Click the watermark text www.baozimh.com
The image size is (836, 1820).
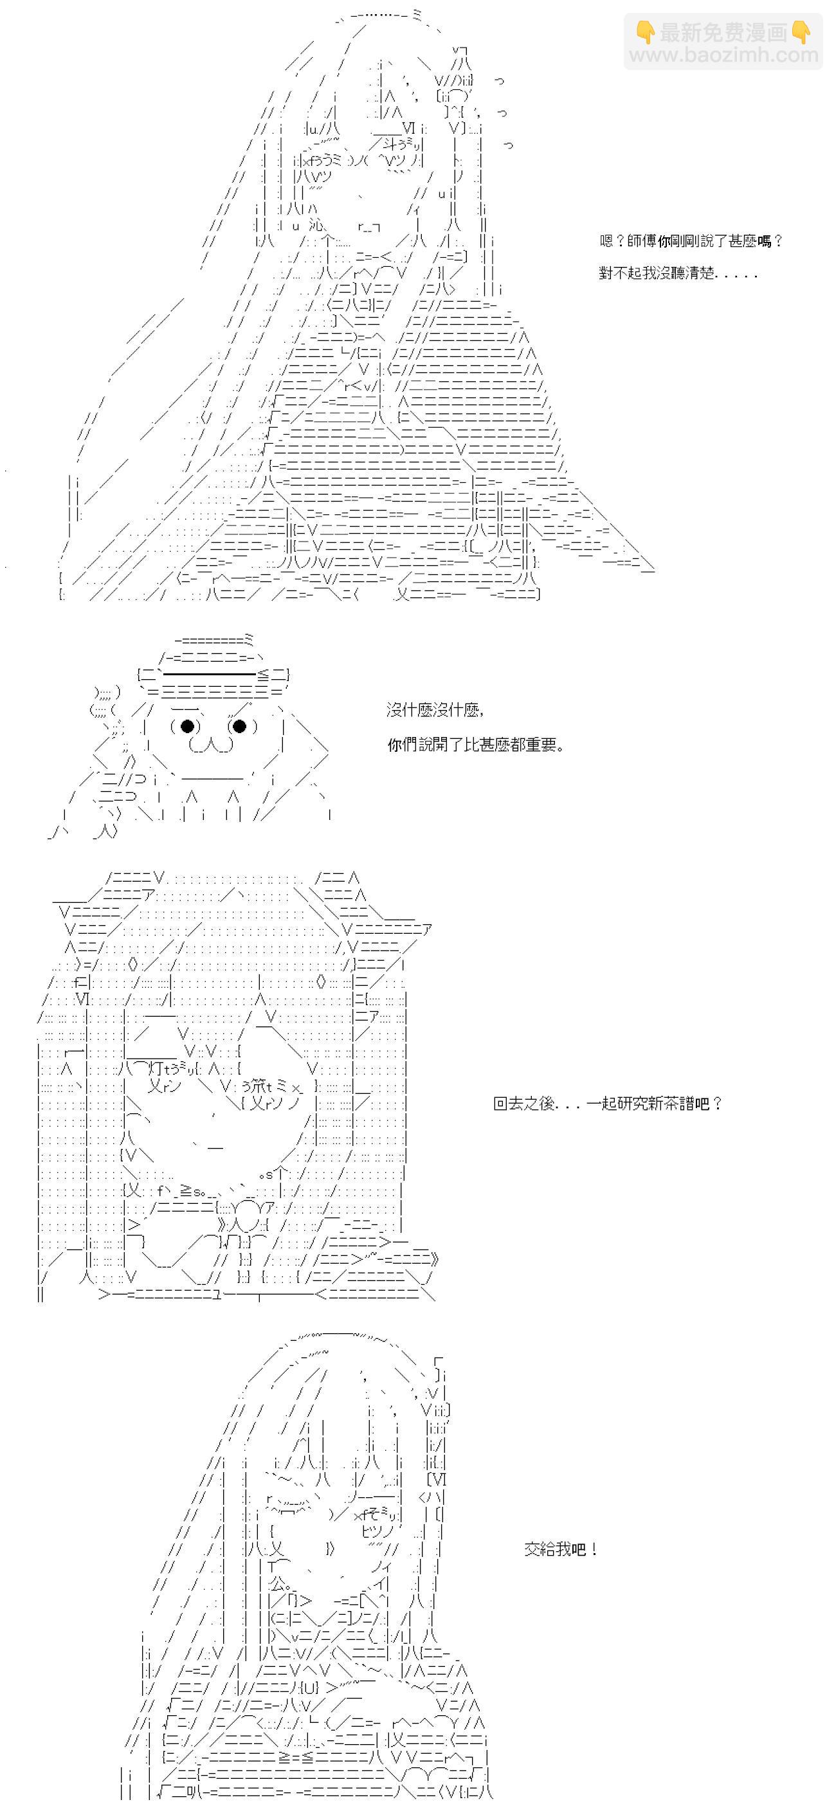pos(723,55)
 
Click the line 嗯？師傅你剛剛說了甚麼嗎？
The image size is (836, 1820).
pos(691,241)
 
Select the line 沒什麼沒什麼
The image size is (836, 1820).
pos(435,709)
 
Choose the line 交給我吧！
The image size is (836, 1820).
pos(562,1549)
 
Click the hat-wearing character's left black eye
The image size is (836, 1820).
pos(187,725)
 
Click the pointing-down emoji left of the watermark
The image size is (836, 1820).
pos(645,32)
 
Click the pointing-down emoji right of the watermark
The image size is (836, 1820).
pos(801,32)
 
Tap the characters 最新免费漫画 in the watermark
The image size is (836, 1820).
pos(723,32)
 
